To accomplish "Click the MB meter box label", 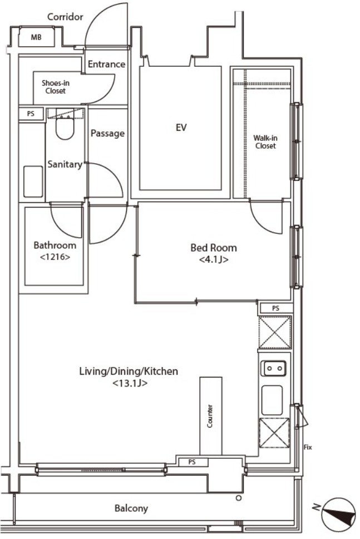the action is pos(36,37).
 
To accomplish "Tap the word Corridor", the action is pos(65,17).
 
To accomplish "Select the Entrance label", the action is pos(106,64).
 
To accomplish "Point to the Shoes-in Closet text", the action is pos(56,87).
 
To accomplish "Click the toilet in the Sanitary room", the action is pos(65,127).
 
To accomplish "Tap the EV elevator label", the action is pos(181,128).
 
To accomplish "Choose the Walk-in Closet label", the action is pos(265,142).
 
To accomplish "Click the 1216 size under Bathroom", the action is pos(55,257).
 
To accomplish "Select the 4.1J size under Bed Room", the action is pos(214,259).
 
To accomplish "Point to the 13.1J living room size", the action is pos(130,383).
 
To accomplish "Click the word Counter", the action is pos(210,416).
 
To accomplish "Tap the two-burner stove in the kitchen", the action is pos(274,369).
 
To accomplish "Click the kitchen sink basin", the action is pos(272,400).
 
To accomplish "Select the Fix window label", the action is pos(308,447).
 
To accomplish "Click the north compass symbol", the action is pos(339,513).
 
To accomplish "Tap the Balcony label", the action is pos(131,508).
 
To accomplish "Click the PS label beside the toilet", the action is pos(31,114).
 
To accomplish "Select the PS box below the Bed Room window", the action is pos(276,308).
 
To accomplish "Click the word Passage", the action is pos(107,134).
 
